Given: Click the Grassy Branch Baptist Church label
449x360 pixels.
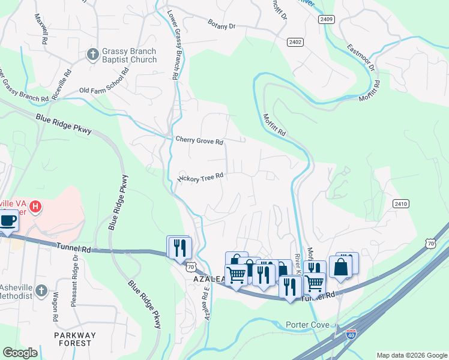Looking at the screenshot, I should click(x=129, y=55).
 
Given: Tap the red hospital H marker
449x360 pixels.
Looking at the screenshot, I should click(x=36, y=207).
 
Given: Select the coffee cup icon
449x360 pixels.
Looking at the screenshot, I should click(x=8, y=220).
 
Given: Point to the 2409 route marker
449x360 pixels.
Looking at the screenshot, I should click(x=327, y=20).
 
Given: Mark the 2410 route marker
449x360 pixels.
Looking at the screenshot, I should click(x=401, y=204).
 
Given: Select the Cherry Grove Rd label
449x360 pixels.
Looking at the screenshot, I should click(x=199, y=141).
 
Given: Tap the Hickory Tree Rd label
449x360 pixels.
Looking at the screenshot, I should click(x=200, y=176).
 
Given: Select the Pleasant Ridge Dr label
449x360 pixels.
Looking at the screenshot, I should click(x=74, y=281).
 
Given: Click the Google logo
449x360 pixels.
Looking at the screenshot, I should click(x=20, y=353).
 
